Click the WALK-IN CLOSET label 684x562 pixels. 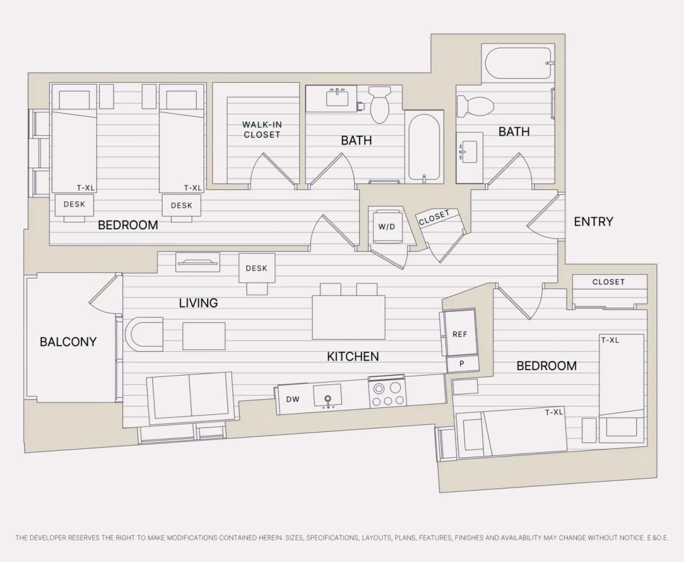[x=262, y=129]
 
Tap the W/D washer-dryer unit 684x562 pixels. [x=387, y=226]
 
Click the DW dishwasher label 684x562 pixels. [x=292, y=400]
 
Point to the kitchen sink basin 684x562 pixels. [x=327, y=396]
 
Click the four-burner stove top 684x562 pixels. [x=388, y=394]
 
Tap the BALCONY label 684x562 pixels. [x=68, y=342]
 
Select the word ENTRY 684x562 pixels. [x=593, y=222]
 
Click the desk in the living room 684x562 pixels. [x=257, y=268]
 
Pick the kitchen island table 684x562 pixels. [x=349, y=317]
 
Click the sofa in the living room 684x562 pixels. [x=191, y=398]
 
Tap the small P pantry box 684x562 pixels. [x=462, y=364]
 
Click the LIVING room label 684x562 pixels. [x=198, y=303]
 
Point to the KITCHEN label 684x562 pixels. [x=353, y=357]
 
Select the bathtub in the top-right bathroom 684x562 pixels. [x=518, y=63]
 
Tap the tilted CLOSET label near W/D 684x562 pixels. [x=434, y=217]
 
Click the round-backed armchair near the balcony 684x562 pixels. [x=144, y=335]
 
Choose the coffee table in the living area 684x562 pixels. [x=204, y=336]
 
